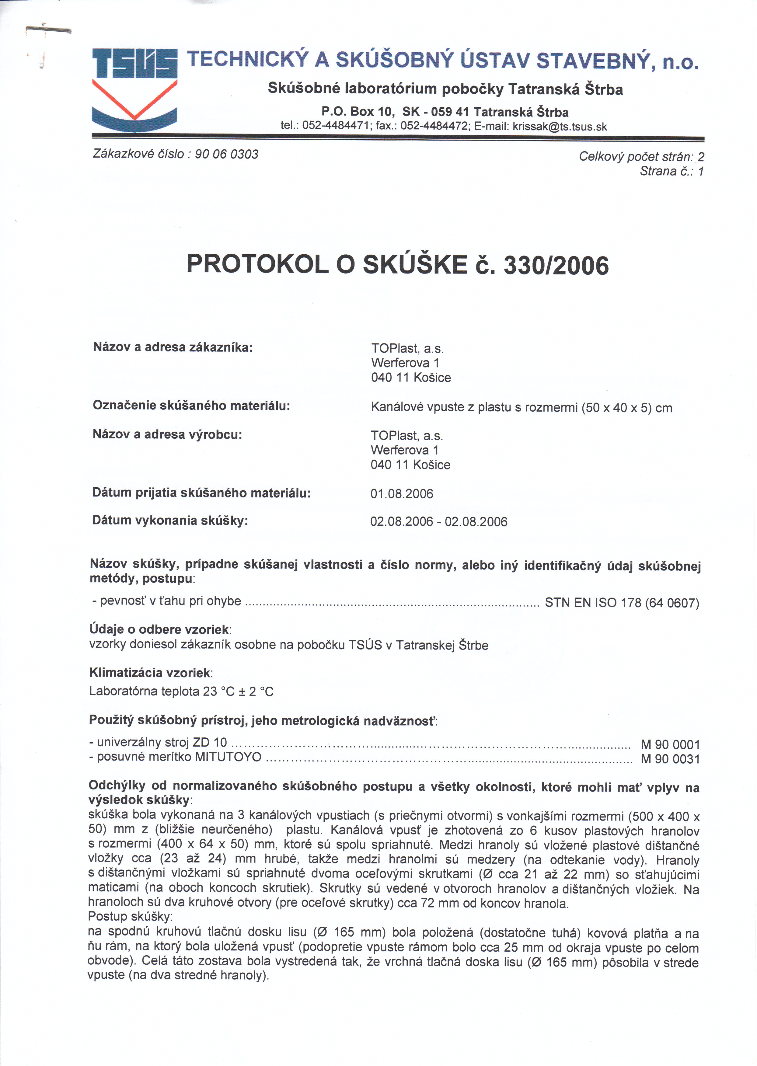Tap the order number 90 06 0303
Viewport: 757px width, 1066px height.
coord(227,154)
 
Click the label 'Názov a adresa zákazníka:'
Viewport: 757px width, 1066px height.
coord(173,347)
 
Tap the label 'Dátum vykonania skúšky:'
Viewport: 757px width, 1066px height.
coord(170,521)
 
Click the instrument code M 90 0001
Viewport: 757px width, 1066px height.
coord(670,745)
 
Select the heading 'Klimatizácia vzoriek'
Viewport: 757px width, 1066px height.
coord(150,673)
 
